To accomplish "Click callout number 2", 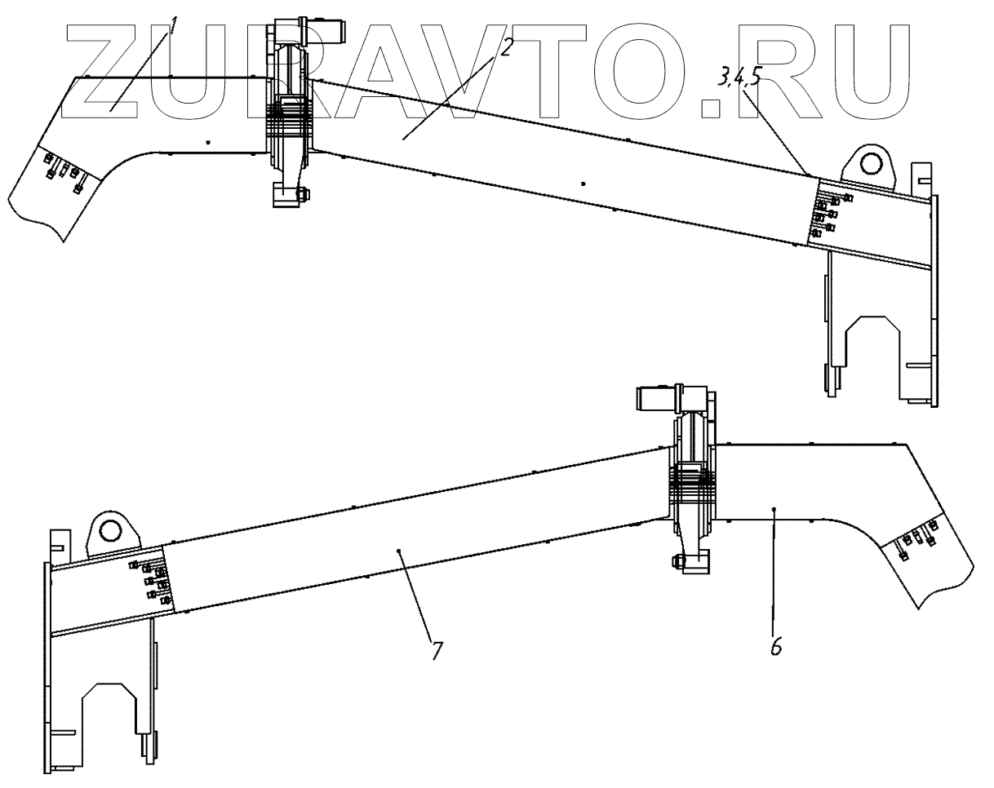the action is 505,47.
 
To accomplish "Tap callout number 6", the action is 775,644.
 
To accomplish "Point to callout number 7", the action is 437,650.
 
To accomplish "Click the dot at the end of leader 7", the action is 399,551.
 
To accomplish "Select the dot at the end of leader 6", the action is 774,508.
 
